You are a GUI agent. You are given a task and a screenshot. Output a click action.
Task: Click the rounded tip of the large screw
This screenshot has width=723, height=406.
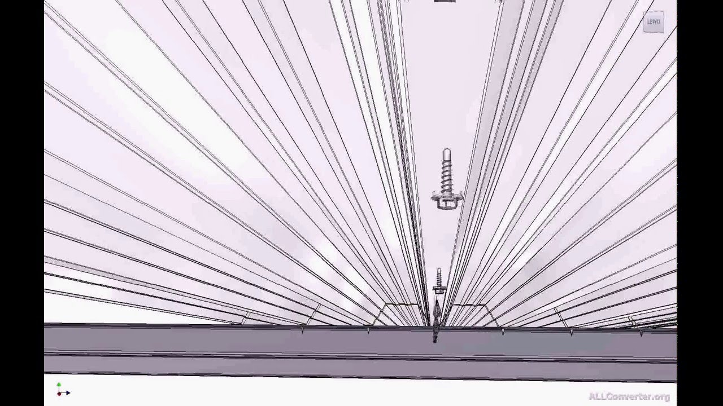click(x=446, y=152)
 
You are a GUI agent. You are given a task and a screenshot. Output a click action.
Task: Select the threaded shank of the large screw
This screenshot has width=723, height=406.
click(x=446, y=175)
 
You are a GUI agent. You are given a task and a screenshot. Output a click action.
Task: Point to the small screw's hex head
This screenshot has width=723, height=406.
click(x=438, y=289)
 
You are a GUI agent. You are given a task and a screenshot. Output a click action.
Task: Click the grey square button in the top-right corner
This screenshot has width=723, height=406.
click(x=654, y=22)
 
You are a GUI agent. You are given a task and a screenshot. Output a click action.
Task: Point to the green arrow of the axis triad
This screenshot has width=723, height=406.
click(x=59, y=386)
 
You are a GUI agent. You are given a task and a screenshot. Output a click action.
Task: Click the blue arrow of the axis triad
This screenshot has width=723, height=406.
click(x=66, y=392)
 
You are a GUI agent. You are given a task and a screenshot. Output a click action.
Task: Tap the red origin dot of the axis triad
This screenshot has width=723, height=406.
click(x=59, y=392)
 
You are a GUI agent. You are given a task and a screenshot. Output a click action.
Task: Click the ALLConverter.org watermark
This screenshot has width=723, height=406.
click(x=629, y=396)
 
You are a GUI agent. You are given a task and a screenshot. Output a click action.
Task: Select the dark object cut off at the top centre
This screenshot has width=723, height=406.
click(x=445, y=1)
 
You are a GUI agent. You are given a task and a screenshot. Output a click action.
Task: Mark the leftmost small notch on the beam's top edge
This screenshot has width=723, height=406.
click(x=303, y=330)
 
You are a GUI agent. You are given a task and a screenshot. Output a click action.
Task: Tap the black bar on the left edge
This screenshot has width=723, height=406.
click(x=22, y=203)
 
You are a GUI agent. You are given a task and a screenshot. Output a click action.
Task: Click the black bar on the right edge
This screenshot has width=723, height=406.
click(x=700, y=203)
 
